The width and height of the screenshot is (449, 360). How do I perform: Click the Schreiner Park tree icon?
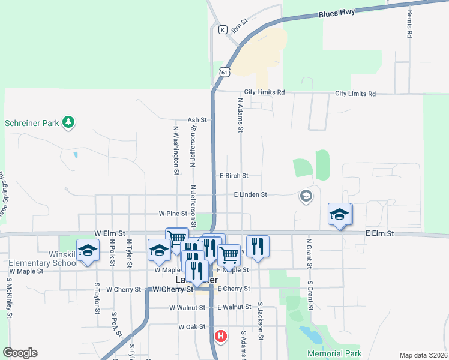click(x=69, y=122)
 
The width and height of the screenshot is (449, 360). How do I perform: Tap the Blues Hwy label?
click(x=337, y=13)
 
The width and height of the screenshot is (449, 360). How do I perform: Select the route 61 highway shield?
click(x=224, y=72)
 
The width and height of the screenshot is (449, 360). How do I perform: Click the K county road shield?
click(x=222, y=29)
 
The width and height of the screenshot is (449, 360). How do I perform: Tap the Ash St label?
click(x=197, y=120)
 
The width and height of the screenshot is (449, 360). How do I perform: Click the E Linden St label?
click(x=250, y=194)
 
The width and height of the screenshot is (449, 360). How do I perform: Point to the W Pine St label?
click(x=173, y=214)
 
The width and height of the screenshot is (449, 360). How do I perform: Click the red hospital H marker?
click(x=221, y=336)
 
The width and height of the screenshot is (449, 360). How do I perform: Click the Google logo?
click(x=20, y=353)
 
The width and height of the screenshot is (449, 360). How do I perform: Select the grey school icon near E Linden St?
click(x=306, y=196)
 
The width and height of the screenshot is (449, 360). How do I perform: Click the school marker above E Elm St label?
click(x=339, y=214)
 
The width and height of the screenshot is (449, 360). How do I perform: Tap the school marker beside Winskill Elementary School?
click(x=88, y=252)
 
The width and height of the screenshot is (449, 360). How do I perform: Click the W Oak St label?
click(x=192, y=327)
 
